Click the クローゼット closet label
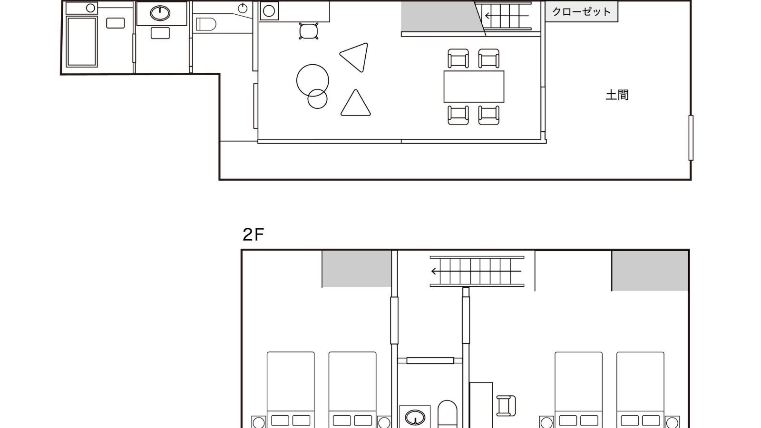[x=581, y=12]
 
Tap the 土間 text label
[x=617, y=95]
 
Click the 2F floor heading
[x=253, y=234]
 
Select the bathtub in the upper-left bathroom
[x=82, y=41]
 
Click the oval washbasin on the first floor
[x=160, y=13]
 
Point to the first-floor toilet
[x=206, y=24]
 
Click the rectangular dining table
[x=474, y=86]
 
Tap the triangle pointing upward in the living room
[x=355, y=103]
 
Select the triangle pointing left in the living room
[x=354, y=58]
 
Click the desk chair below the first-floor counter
[x=309, y=31]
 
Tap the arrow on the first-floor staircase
[x=507, y=16]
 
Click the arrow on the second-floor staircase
[x=476, y=271]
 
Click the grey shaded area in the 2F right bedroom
[x=650, y=271]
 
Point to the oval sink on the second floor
[x=415, y=418]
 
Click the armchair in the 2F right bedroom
[x=506, y=406]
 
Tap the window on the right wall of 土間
[x=691, y=137]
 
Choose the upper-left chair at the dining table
[x=459, y=58]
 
